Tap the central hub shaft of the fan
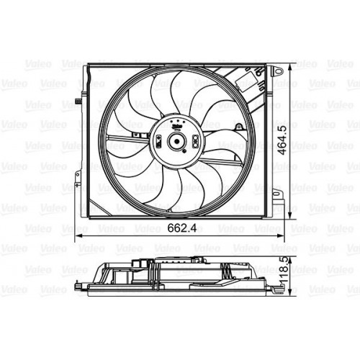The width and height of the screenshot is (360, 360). click(176, 141)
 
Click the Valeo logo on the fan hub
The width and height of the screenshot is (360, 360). click(176, 123)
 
